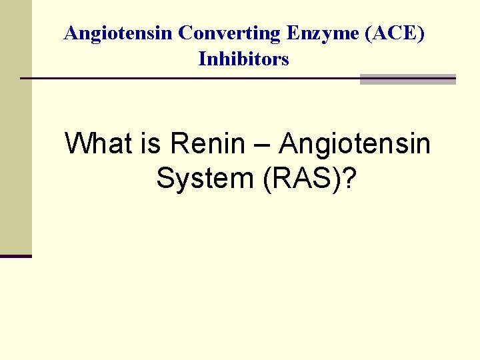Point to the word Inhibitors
[244, 59]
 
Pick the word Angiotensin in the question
[355, 144]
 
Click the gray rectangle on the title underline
[407, 79]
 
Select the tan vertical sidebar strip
[15, 127]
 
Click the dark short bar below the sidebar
[15, 256]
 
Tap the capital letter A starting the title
[70, 33]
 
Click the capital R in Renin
[179, 143]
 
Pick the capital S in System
[165, 178]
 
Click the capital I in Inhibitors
[201, 59]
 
